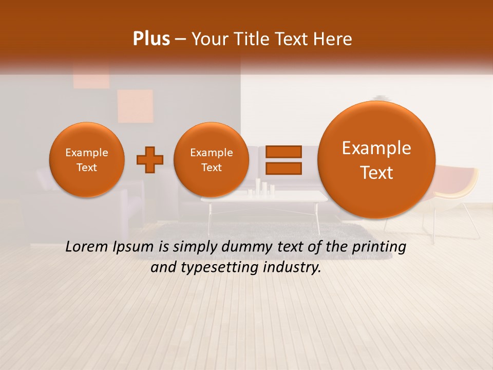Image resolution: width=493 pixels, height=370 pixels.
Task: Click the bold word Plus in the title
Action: click(x=151, y=39)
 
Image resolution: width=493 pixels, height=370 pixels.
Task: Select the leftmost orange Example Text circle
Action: click(x=87, y=160)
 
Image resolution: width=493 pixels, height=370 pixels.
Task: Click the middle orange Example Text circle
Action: click(x=211, y=160)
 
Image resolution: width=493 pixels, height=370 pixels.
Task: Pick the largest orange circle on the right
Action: click(x=376, y=160)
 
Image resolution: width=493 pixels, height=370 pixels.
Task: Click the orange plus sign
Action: click(x=149, y=160)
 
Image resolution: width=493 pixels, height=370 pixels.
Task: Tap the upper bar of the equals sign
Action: click(x=283, y=152)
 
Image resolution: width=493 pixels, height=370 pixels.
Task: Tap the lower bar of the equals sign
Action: click(x=283, y=169)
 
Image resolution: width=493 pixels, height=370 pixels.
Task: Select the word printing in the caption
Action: click(x=380, y=247)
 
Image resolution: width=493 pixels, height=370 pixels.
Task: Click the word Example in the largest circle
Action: click(x=376, y=148)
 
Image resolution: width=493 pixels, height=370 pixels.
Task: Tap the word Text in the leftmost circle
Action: click(x=87, y=168)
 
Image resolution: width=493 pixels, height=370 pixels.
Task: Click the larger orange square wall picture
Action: click(x=135, y=106)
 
